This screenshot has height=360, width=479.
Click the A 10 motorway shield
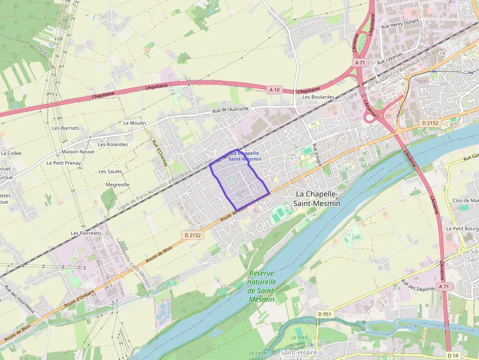pyautogui.click(x=274, y=89)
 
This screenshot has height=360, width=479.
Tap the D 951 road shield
pyautogui.click(x=323, y=314)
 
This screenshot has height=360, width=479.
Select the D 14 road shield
pyautogui.click(x=453, y=355)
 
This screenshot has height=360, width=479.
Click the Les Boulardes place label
pyautogui.click(x=318, y=97)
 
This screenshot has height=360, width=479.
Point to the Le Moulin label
pyautogui.click(x=134, y=123)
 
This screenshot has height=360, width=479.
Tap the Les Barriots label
pyautogui.click(x=65, y=128)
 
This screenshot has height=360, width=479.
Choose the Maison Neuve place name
pyautogui.click(x=78, y=151)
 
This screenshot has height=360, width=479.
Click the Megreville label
pyautogui.click(x=118, y=185)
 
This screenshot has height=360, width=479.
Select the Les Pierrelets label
pyautogui.click(x=86, y=233)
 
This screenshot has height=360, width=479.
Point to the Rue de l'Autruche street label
pyautogui.click(x=230, y=110)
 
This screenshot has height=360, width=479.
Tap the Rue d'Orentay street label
pyautogui.click(x=160, y=154)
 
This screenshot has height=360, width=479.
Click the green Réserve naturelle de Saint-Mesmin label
pyautogui.click(x=261, y=286)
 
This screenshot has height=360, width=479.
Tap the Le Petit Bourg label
pyautogui.click(x=462, y=228)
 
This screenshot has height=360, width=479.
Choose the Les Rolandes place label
pyautogui.click(x=112, y=144)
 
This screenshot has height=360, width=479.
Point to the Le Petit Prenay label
pyautogui.click(x=64, y=163)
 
